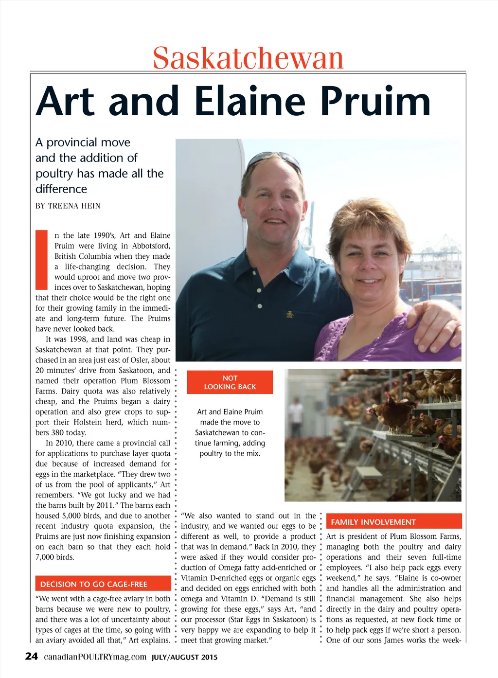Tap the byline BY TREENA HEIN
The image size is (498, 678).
tap(68, 206)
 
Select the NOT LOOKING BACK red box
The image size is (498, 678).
tap(230, 382)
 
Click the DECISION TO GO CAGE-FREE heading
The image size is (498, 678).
tap(93, 584)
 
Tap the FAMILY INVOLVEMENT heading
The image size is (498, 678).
tap(373, 522)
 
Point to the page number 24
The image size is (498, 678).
tap(31, 657)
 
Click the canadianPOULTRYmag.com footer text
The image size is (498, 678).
tap(95, 657)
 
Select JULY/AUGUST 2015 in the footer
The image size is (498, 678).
tap(185, 658)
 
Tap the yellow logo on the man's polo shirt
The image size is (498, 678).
tap(290, 315)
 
